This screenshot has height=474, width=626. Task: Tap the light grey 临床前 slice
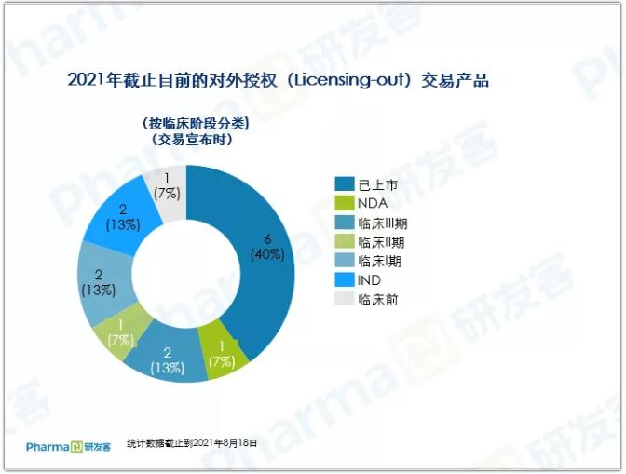coord(168,193)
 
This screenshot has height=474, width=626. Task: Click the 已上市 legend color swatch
coord(345,184)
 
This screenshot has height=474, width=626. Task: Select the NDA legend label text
coord(373,204)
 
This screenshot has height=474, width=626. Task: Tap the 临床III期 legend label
coord(383,223)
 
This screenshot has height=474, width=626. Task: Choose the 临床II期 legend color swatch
coord(345,242)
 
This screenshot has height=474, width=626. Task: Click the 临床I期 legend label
coord(379,262)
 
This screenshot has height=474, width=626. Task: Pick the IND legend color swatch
coord(345,280)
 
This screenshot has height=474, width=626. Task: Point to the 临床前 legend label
coord(377,300)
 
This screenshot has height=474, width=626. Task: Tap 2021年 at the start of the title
coord(94,80)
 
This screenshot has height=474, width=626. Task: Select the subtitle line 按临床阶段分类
coord(196,124)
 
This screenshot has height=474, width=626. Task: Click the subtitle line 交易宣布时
coord(192,140)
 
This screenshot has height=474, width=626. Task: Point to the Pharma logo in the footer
coord(68,447)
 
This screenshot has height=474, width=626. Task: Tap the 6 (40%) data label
coord(267,248)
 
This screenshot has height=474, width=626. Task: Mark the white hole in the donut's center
coord(186,274)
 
